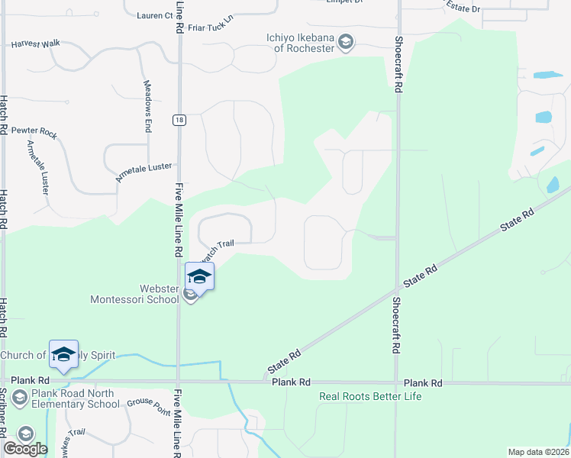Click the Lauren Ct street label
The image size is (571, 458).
pyautogui.click(x=154, y=15)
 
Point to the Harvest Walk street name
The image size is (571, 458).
pyautogui.click(x=35, y=44)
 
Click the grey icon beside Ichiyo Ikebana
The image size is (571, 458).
pyautogui.click(x=346, y=42)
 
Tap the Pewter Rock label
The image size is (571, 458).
pyautogui.click(x=34, y=134)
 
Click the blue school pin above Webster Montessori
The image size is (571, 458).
pyautogui.click(x=199, y=276)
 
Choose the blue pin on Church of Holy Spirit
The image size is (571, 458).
pyautogui.click(x=64, y=353)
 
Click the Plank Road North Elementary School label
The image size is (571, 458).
pyautogui.click(x=73, y=399)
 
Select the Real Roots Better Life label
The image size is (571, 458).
pyautogui.click(x=369, y=396)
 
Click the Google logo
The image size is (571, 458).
pyautogui.click(x=25, y=449)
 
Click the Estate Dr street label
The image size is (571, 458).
pyautogui.click(x=463, y=8)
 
